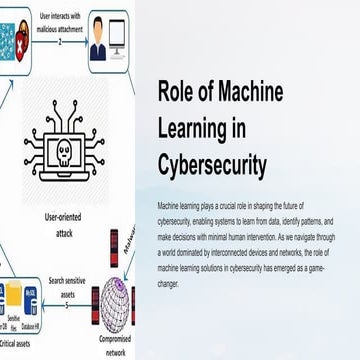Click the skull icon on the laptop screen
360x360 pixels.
click(x=60, y=150)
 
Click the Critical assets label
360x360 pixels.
click(x=20, y=344)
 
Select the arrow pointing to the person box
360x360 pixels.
click(x=80, y=41)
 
